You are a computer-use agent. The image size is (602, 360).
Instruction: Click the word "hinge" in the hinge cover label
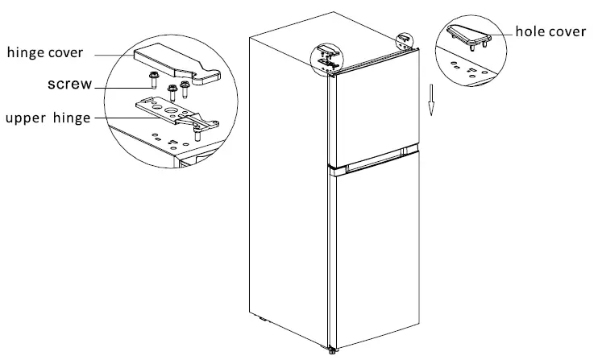click(27, 54)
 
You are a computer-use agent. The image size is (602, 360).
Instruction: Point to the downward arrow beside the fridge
click(433, 101)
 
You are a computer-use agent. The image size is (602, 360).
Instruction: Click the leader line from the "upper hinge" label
click(121, 118)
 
